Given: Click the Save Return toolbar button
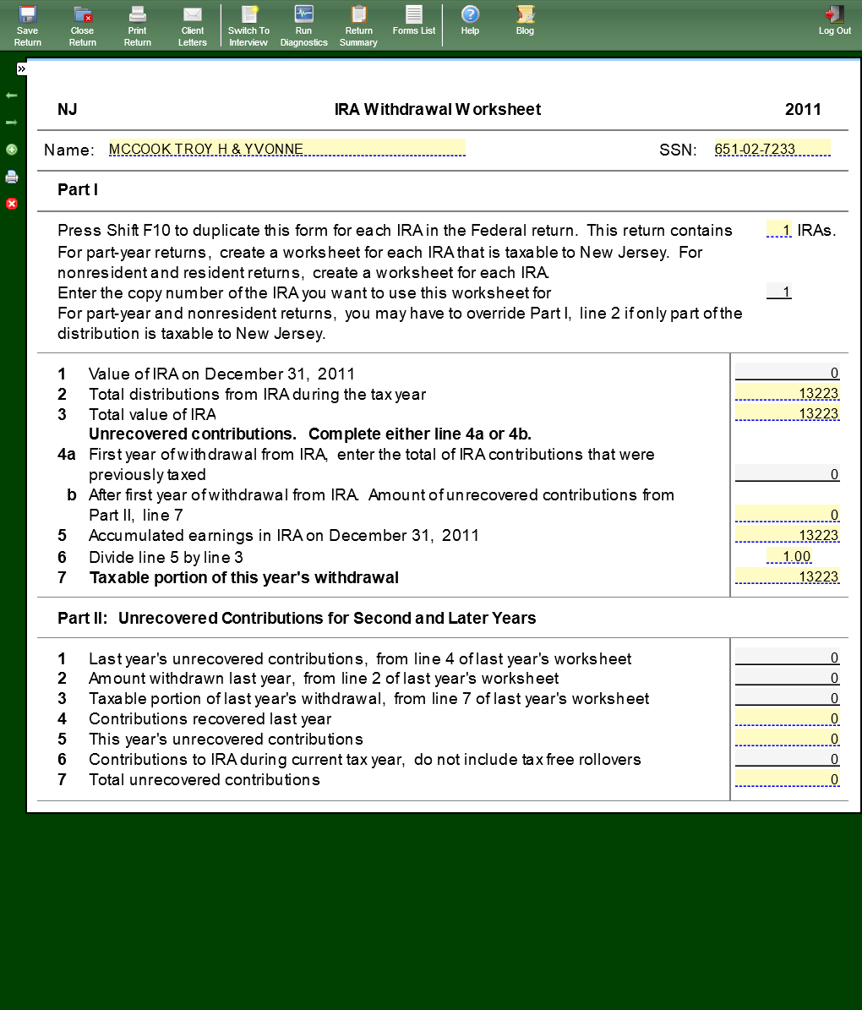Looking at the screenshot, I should point(27,25).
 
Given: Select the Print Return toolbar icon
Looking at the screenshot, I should point(138,25).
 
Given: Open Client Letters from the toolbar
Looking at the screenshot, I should point(193,25).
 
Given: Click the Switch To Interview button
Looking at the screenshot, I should point(248,25).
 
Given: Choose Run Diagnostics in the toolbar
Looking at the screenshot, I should point(303,25).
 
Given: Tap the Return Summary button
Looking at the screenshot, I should point(358,25).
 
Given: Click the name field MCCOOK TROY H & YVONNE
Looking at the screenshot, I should point(286,149).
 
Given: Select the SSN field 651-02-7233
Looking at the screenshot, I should point(772,149).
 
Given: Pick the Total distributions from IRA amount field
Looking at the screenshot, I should point(787,393).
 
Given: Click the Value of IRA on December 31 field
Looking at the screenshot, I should point(787,373).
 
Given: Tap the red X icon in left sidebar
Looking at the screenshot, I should point(12,204).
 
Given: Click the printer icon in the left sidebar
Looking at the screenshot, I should point(12,177).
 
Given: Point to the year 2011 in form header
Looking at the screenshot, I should point(803,109).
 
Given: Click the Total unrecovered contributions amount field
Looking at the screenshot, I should point(787,779).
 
